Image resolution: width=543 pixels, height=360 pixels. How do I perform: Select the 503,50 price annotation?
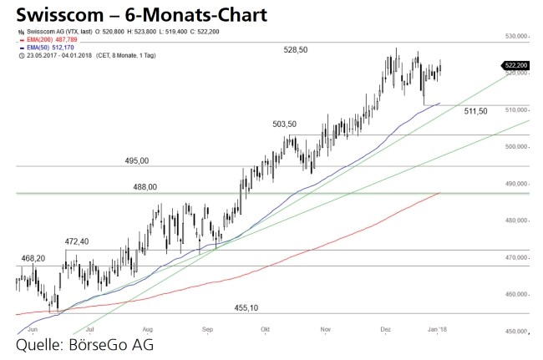coord(284,124)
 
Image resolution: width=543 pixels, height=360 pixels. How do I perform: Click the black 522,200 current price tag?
coord(515,65)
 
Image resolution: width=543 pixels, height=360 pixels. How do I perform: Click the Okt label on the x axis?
coord(266,329)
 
